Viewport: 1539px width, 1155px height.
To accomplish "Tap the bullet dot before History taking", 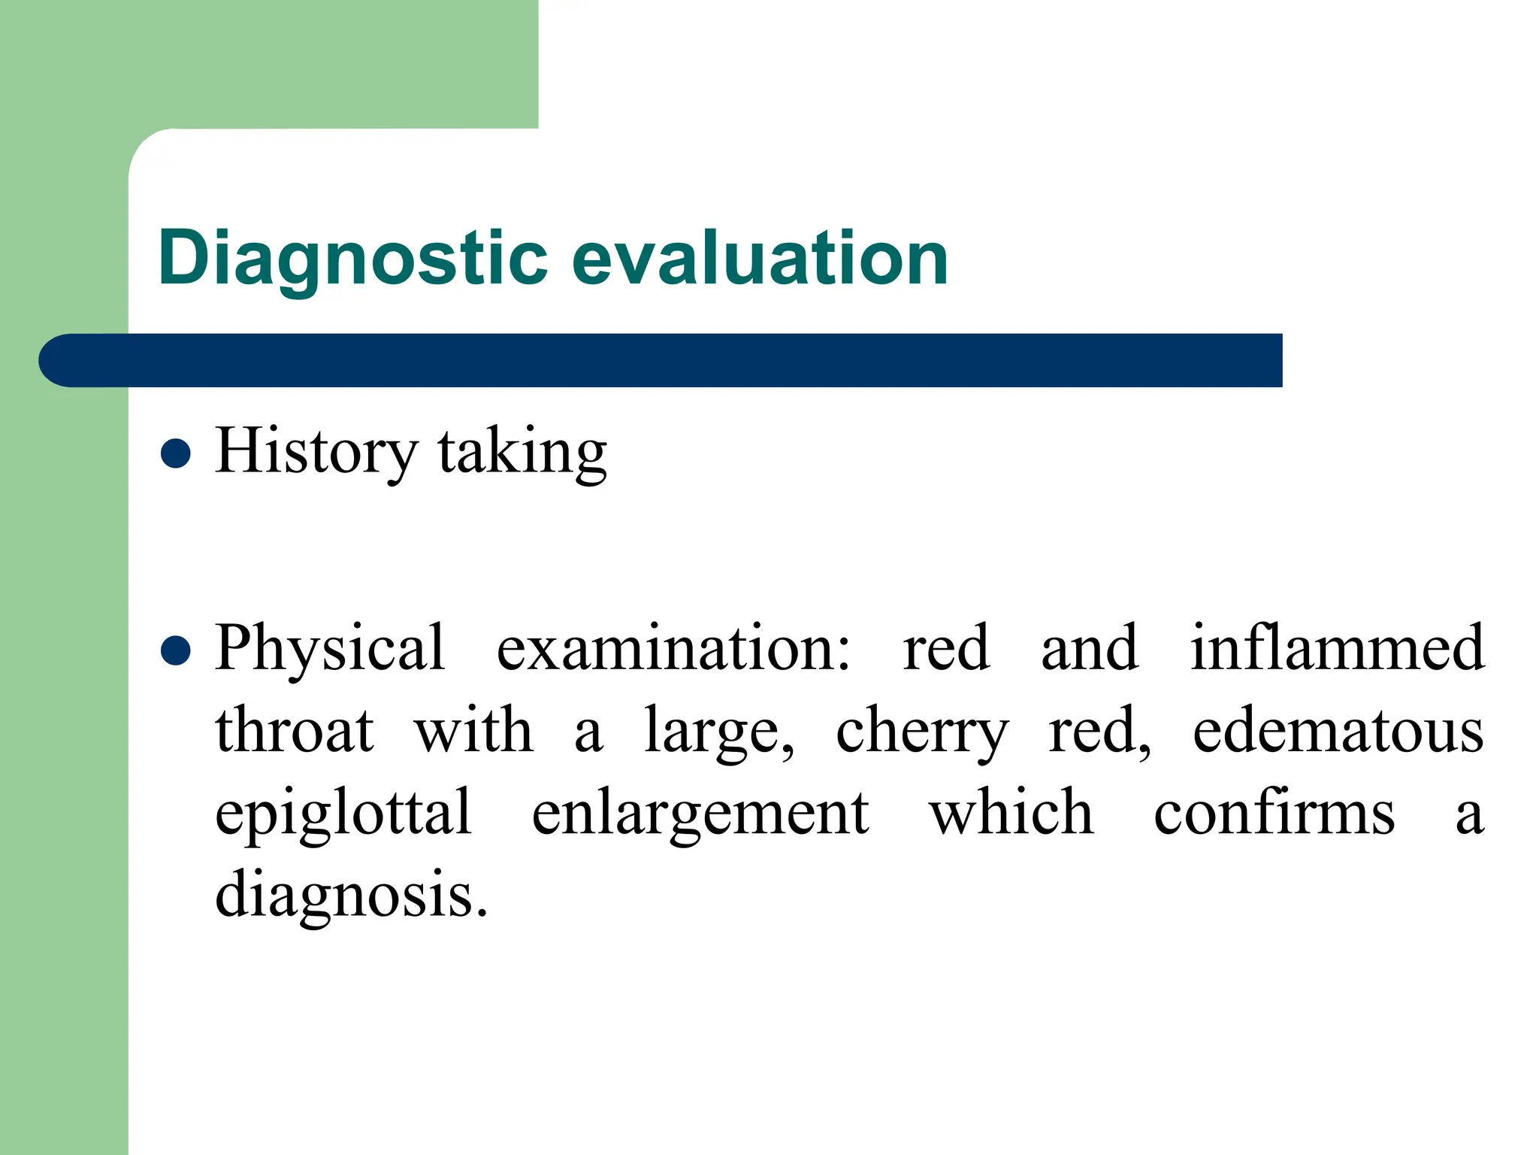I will (x=176, y=453).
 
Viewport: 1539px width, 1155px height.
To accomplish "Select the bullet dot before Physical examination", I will (x=176, y=650).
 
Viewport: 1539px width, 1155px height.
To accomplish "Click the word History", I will (x=316, y=452).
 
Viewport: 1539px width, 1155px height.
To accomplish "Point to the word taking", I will (x=522, y=453).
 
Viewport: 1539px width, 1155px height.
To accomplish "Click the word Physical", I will (x=330, y=649).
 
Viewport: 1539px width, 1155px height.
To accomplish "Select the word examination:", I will (x=673, y=649).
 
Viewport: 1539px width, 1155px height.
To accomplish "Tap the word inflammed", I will (x=1337, y=647).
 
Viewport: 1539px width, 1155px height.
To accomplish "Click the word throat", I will (x=294, y=731).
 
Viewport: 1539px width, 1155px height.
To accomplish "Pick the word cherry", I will (x=921, y=733).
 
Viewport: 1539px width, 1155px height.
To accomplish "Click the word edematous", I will (x=1338, y=731).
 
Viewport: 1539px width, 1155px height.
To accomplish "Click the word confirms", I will (x=1274, y=814).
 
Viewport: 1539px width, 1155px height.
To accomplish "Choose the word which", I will (x=1011, y=814).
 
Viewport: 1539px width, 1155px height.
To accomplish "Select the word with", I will (x=473, y=731).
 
